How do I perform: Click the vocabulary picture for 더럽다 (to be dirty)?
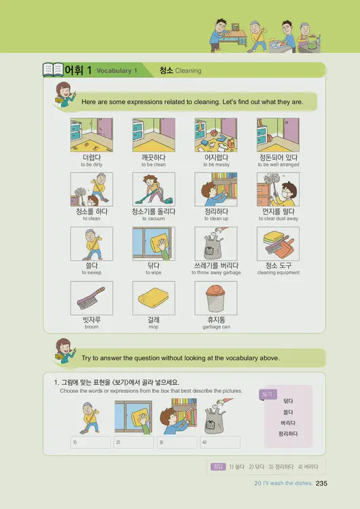pyautogui.click(x=92, y=134)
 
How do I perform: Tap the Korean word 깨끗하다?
pyautogui.click(x=154, y=157)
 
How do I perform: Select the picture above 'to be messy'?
pyautogui.click(x=215, y=134)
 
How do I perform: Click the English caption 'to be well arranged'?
pyautogui.click(x=278, y=165)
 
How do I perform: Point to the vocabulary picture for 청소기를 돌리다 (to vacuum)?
pyautogui.click(x=154, y=189)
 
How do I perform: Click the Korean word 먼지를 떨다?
pyautogui.click(x=278, y=212)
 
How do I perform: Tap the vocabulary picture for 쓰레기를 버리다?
pyautogui.click(x=215, y=243)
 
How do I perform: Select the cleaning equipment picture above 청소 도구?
pyautogui.click(x=278, y=243)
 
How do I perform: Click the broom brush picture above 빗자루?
pyautogui.click(x=92, y=297)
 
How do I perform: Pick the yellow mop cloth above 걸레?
pyautogui.click(x=154, y=297)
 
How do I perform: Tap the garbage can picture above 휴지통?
pyautogui.click(x=215, y=297)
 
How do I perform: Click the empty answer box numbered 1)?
pyautogui.click(x=90, y=442)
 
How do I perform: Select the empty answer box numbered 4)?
pyautogui.click(x=219, y=442)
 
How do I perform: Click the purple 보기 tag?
pyautogui.click(x=266, y=394)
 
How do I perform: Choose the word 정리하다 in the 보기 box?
pyautogui.click(x=288, y=433)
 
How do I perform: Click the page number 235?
pyautogui.click(x=322, y=483)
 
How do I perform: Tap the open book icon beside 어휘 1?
pyautogui.click(x=52, y=70)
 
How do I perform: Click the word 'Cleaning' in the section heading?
pyautogui.click(x=188, y=71)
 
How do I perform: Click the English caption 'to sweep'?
pyautogui.click(x=92, y=273)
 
